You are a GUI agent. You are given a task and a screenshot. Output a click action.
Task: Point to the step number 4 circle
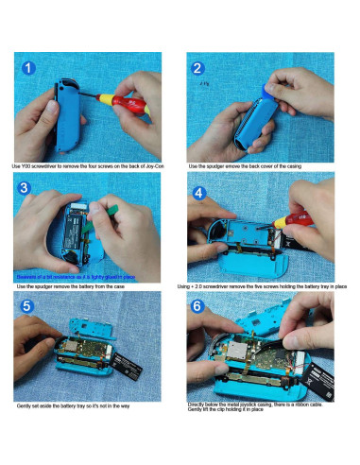199,192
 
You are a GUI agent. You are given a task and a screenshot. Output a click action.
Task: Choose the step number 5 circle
29,308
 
